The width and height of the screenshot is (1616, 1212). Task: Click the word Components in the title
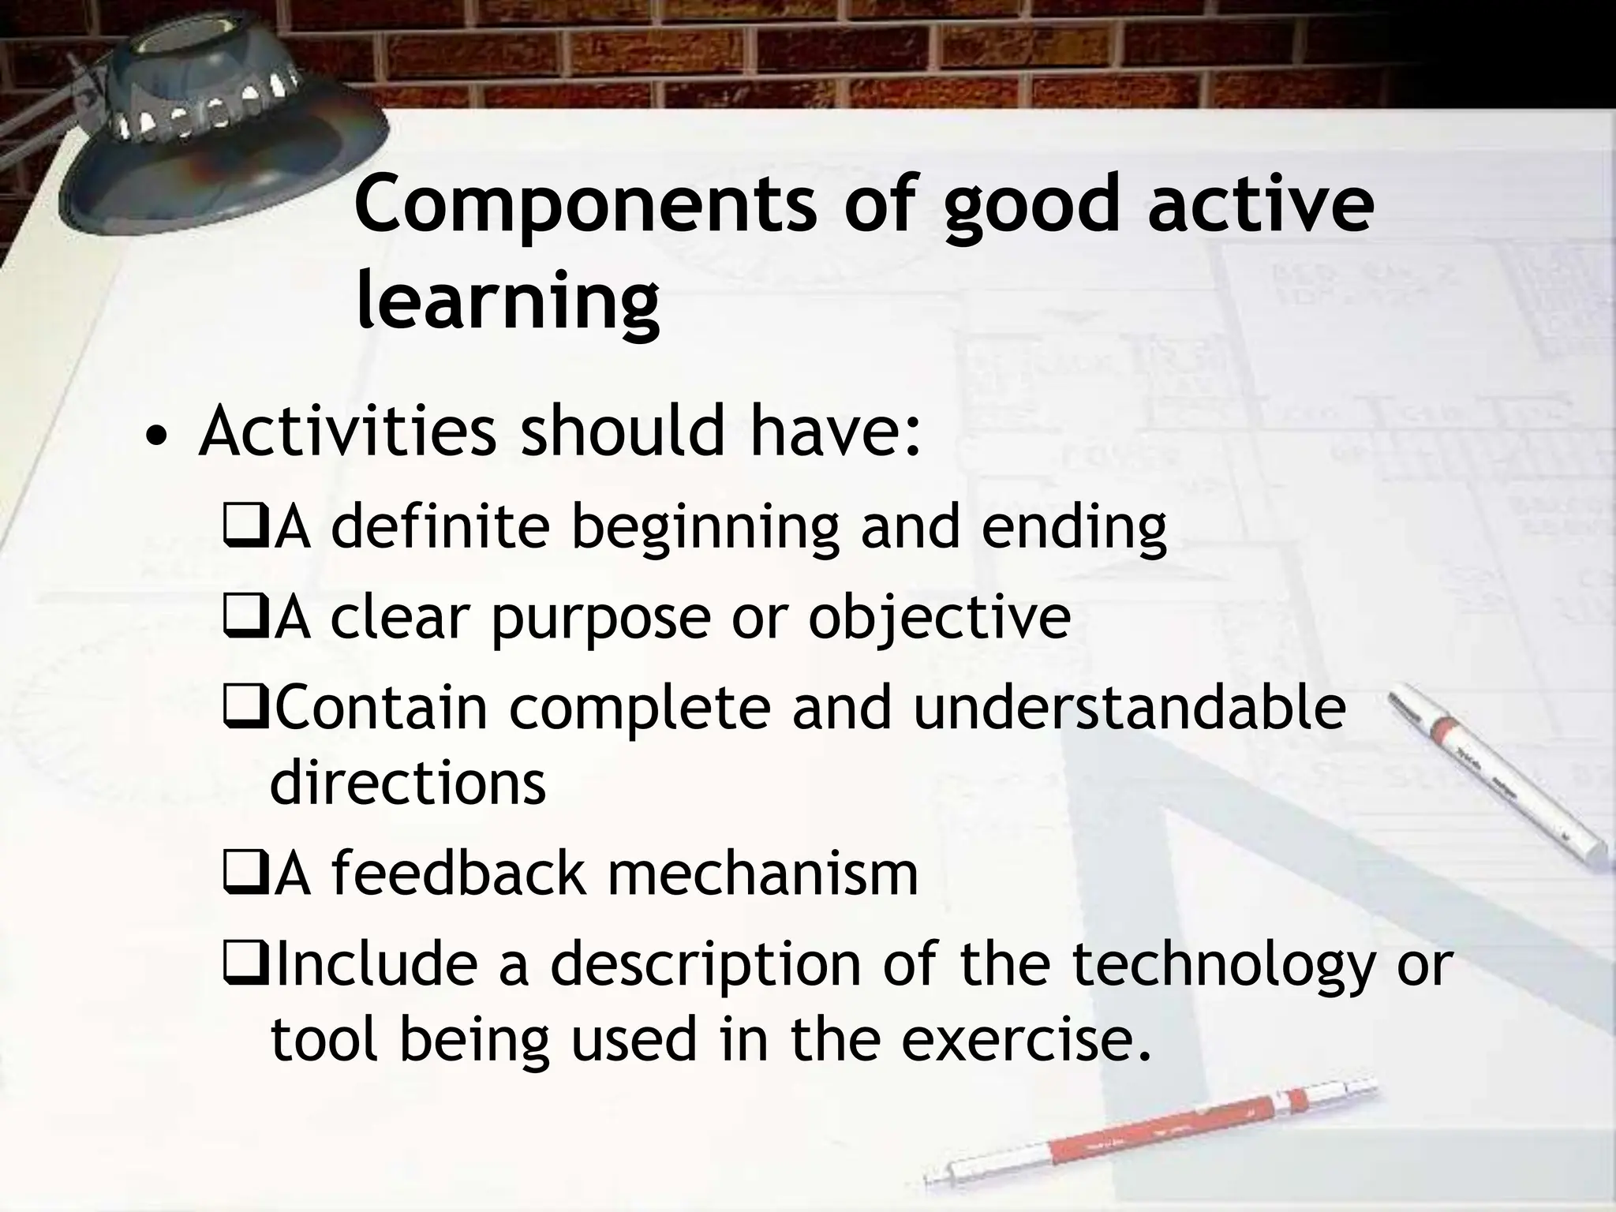(x=585, y=207)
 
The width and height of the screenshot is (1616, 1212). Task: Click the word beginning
(x=705, y=529)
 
